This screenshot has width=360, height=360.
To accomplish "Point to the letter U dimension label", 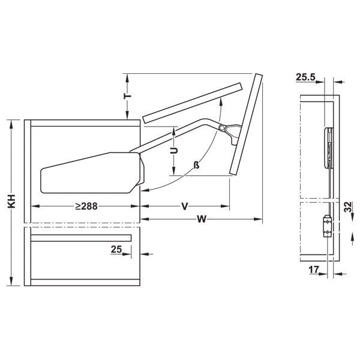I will coord(173,152).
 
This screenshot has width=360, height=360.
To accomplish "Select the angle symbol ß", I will coord(196,165).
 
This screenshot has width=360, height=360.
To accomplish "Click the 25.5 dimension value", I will coord(306,77).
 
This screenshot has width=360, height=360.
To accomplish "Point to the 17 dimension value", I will coord(314,271).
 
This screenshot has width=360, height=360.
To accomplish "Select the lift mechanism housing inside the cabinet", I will coord(90,174).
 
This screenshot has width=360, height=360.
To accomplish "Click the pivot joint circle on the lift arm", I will coord(223,128).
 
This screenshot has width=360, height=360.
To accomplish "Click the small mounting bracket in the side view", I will coord(327,226).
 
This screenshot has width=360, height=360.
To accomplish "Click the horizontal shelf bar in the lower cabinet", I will coord(78,238).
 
